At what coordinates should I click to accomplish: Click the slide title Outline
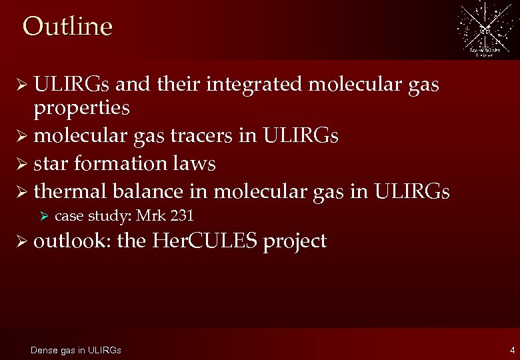pos(67,27)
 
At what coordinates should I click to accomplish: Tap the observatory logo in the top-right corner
pos(484,29)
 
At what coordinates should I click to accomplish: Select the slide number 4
pos(511,350)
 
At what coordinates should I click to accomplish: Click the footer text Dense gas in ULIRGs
pos(76,350)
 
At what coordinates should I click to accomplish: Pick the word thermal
pos(71,191)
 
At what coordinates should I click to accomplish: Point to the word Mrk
pos(150,216)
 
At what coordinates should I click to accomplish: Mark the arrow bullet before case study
pos(45,216)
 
